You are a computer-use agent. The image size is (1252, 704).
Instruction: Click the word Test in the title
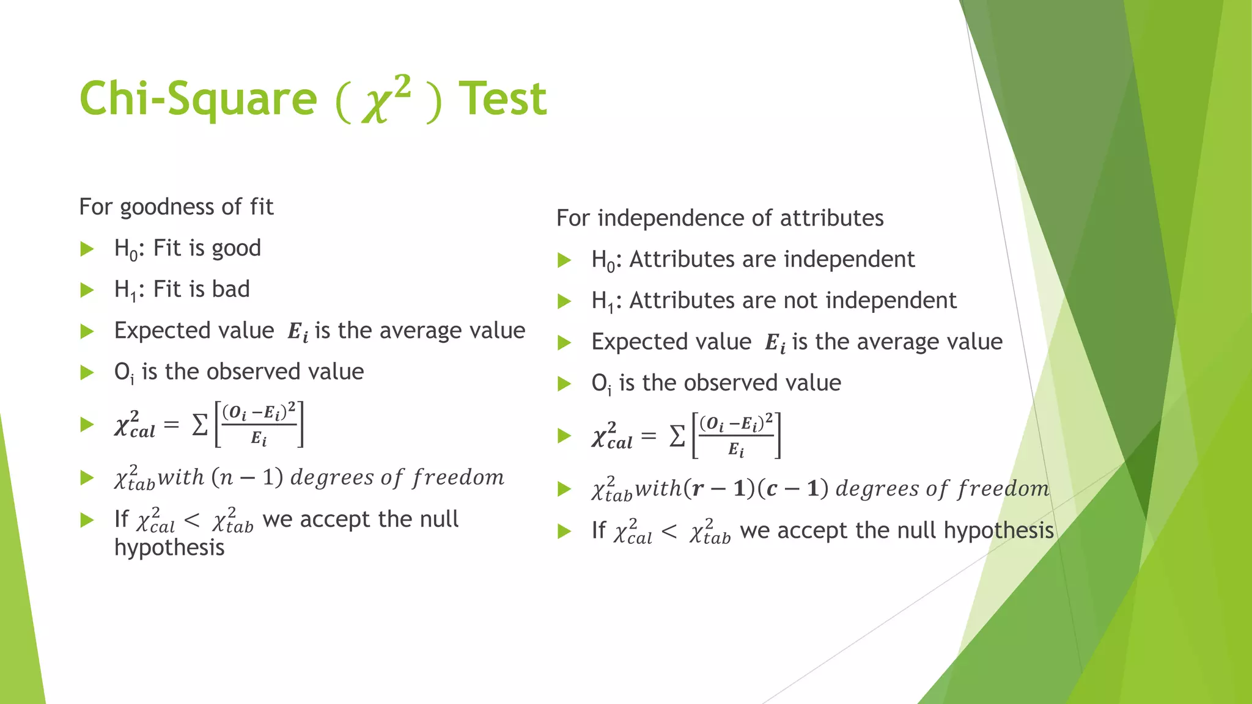coord(503,99)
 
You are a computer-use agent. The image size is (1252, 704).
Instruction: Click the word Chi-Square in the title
coord(198,99)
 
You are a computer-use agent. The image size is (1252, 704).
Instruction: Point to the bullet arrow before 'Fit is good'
coord(87,249)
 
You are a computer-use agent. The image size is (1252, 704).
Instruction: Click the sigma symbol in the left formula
coord(200,425)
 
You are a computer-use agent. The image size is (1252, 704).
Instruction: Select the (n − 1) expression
coord(247,477)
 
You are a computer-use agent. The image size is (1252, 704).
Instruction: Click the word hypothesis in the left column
coord(169,548)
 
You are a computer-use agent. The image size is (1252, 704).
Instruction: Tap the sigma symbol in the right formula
coord(677,437)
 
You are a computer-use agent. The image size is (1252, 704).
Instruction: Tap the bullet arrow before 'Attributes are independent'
coord(564,260)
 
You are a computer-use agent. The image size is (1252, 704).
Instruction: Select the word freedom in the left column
coord(458,477)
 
